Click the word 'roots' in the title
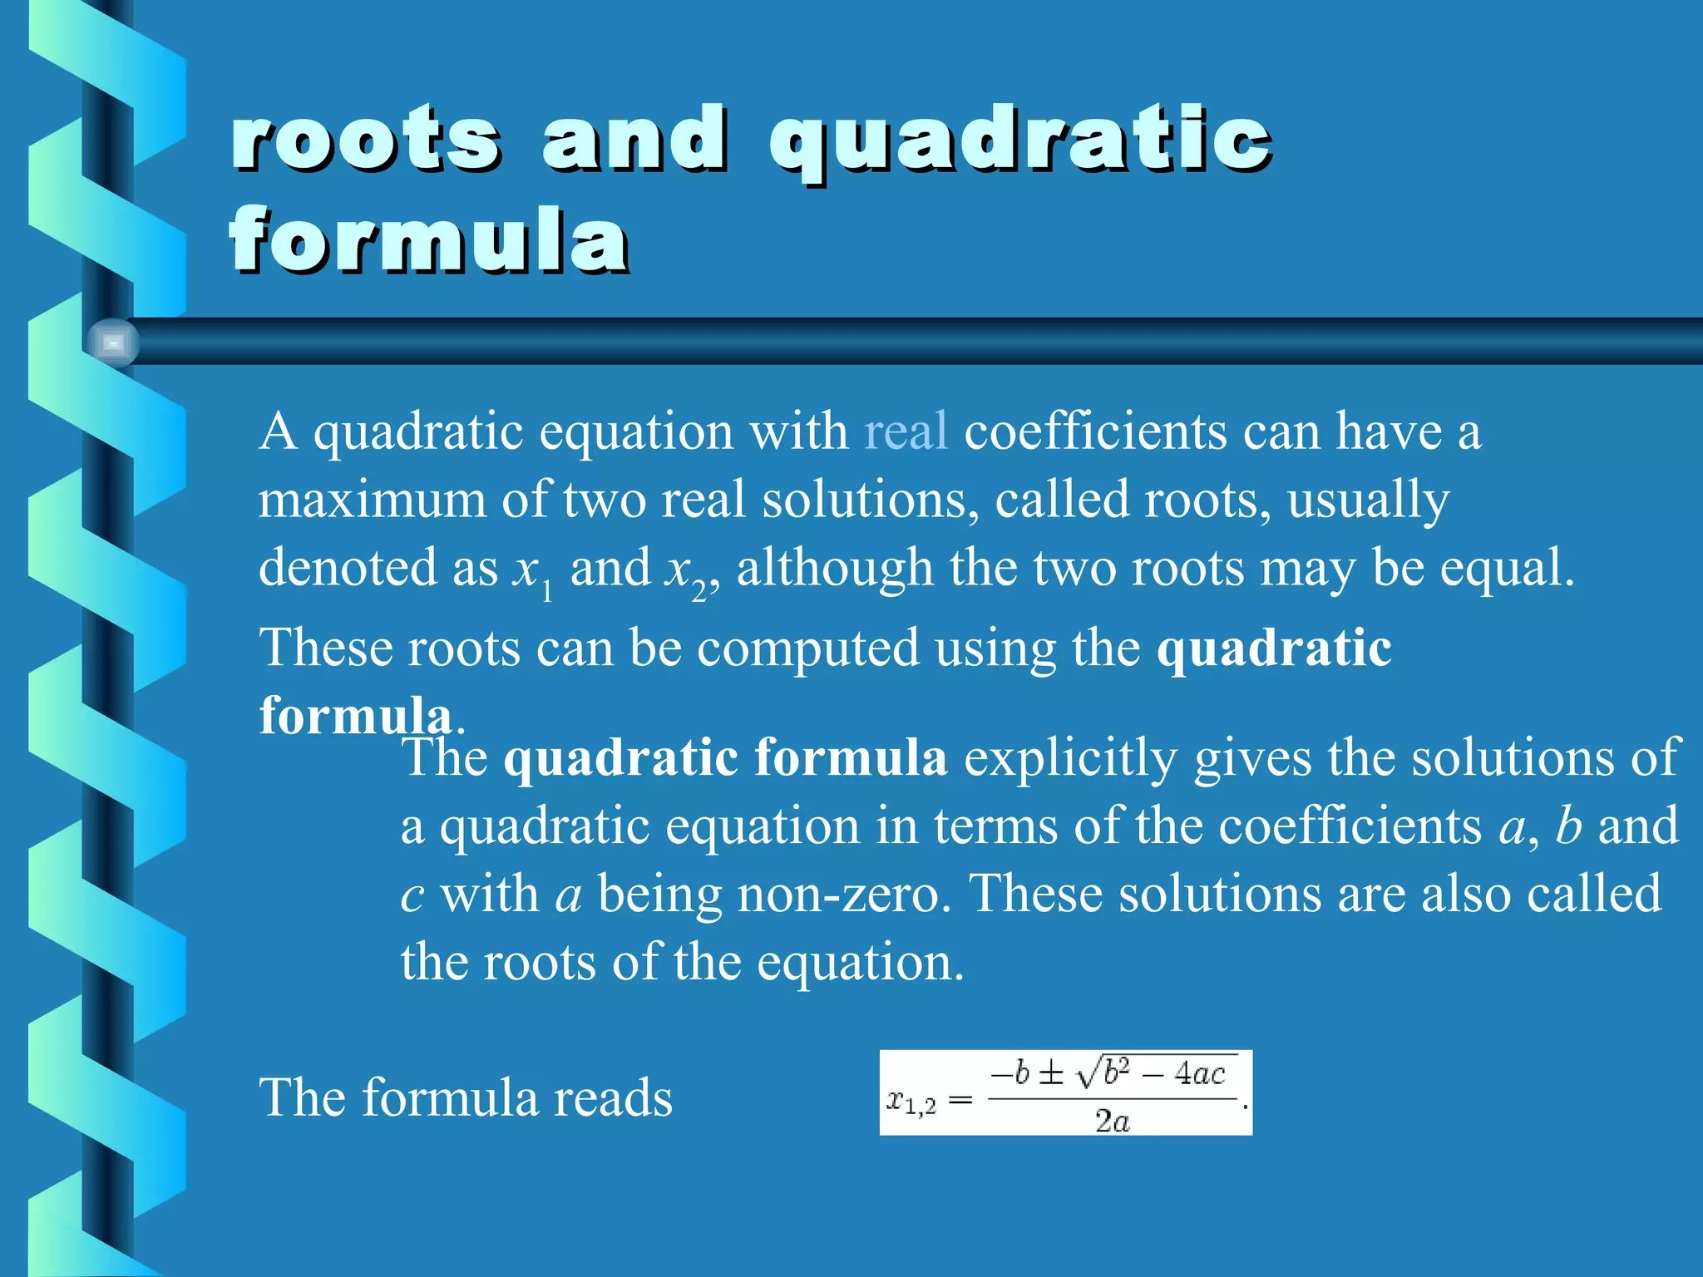(366, 140)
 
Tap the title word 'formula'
(429, 241)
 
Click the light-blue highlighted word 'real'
(906, 431)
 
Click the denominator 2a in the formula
(1113, 1122)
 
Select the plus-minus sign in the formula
(1051, 1074)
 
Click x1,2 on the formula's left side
(911, 1102)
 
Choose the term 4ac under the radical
(1200, 1074)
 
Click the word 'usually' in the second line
(1368, 500)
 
